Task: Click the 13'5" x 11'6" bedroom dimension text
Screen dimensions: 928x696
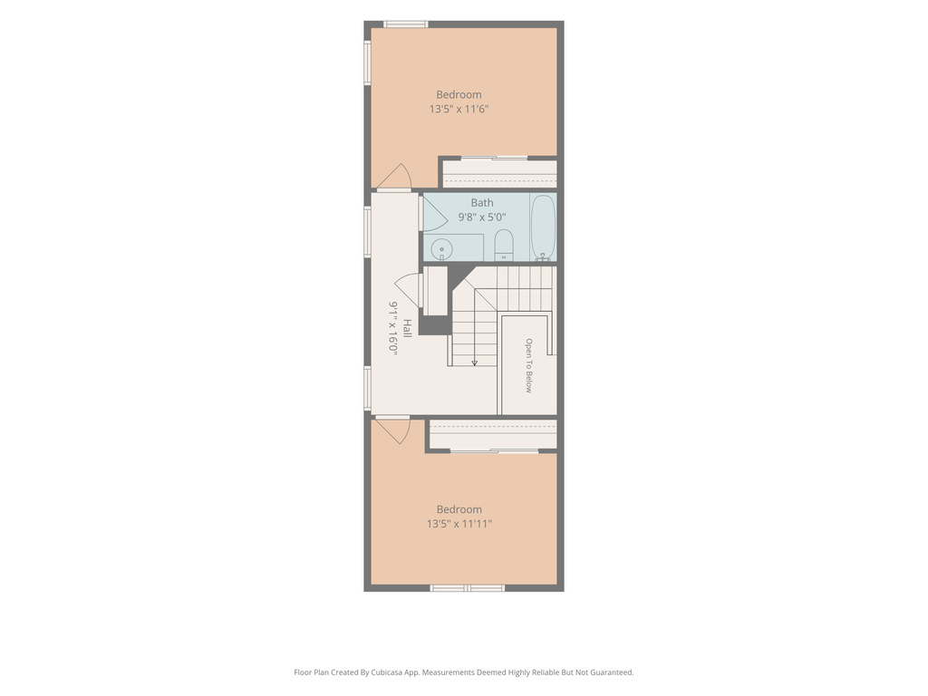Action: pyautogui.click(x=459, y=109)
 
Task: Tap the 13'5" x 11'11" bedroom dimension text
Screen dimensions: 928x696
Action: pyautogui.click(x=459, y=524)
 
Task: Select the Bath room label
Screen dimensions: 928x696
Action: pyautogui.click(x=482, y=202)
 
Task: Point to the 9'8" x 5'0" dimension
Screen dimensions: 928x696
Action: pyautogui.click(x=482, y=217)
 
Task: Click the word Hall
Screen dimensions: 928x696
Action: pyautogui.click(x=407, y=328)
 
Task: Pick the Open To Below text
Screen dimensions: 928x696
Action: pyautogui.click(x=528, y=365)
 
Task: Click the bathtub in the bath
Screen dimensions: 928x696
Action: pyautogui.click(x=543, y=227)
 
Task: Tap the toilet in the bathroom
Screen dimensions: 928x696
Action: pyautogui.click(x=504, y=245)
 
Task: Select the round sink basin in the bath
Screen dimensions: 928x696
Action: pyautogui.click(x=441, y=248)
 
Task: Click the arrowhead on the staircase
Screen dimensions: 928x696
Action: pyautogui.click(x=474, y=362)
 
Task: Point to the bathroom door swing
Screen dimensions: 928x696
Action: pyautogui.click(x=434, y=213)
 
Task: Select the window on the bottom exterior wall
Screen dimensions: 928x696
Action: pyautogui.click(x=468, y=587)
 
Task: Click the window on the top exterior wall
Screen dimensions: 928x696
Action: pyautogui.click(x=405, y=24)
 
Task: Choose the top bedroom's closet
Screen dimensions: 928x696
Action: pyautogui.click(x=500, y=174)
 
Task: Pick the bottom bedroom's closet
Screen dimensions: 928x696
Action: pyautogui.click(x=493, y=434)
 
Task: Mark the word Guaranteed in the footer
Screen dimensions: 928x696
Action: pyautogui.click(x=614, y=672)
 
